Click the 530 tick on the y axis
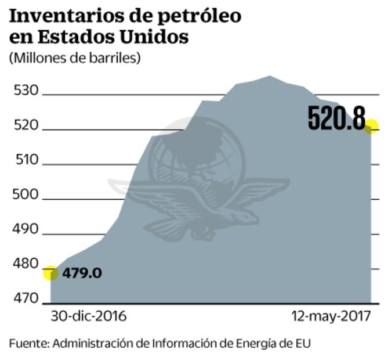point(25,91)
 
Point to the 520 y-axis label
point(25,125)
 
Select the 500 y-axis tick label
point(25,195)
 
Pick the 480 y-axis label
point(25,264)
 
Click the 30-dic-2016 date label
point(88,316)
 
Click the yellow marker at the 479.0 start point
point(50,272)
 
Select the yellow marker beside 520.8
point(371,126)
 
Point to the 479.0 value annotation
point(82,272)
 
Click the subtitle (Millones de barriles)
point(75,58)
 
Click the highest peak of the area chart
point(269,76)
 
